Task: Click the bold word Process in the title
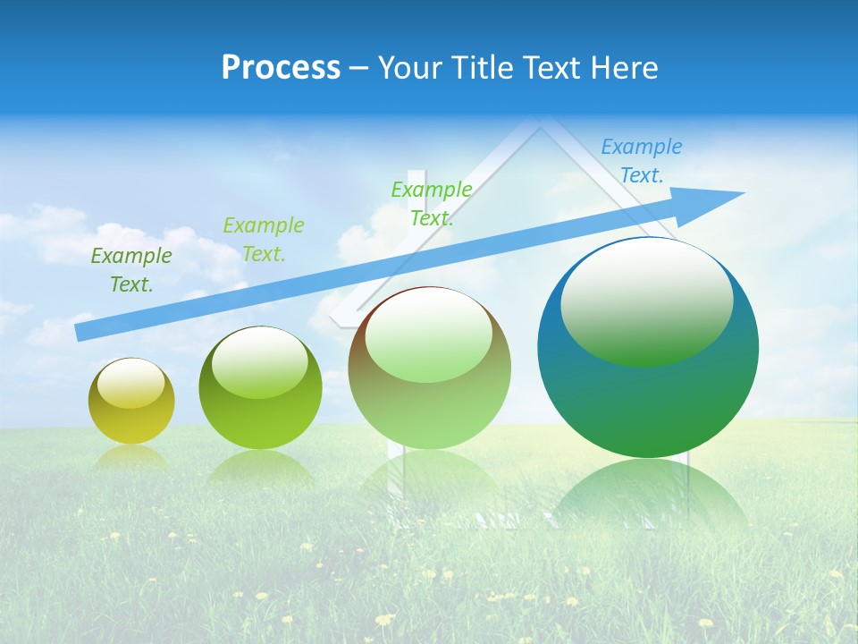pos(281,67)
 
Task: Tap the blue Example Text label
pos(642,161)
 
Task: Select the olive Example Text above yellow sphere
pos(131,270)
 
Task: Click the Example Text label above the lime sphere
pos(264,240)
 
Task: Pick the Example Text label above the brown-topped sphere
pos(432,203)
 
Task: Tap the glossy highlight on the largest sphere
pos(646,304)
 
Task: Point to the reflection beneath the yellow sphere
pos(131,457)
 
